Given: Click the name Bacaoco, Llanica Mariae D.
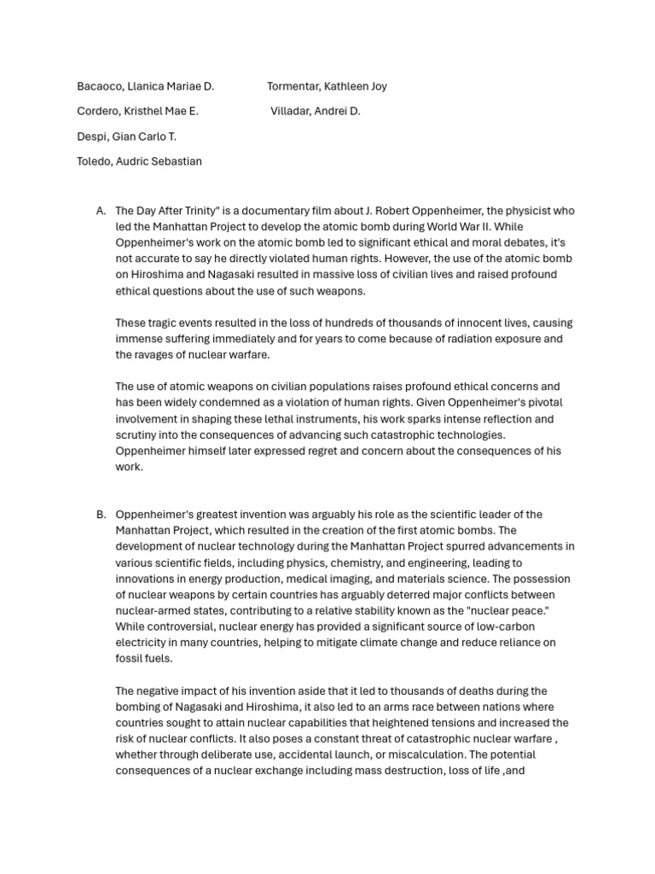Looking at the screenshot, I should (146, 86).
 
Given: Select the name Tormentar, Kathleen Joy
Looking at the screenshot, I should (327, 86).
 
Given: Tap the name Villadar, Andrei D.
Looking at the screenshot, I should (316, 111).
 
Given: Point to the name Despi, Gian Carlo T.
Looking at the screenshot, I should (126, 137).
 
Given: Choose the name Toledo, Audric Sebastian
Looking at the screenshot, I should (139, 161).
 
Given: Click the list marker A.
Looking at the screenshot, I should (101, 211).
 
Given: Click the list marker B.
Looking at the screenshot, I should (101, 515).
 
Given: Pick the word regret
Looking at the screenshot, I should (320, 451).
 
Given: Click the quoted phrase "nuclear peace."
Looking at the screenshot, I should (516, 611).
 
